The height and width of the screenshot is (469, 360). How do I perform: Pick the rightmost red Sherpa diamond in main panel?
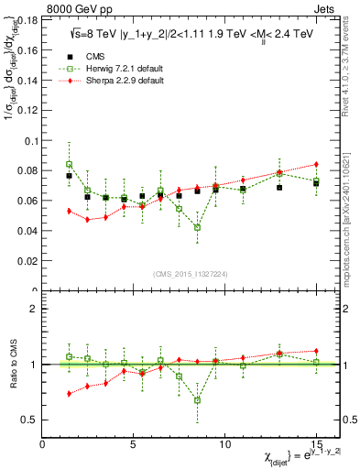[x=316, y=164]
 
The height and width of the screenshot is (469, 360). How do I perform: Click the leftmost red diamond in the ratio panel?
[x=69, y=393]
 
